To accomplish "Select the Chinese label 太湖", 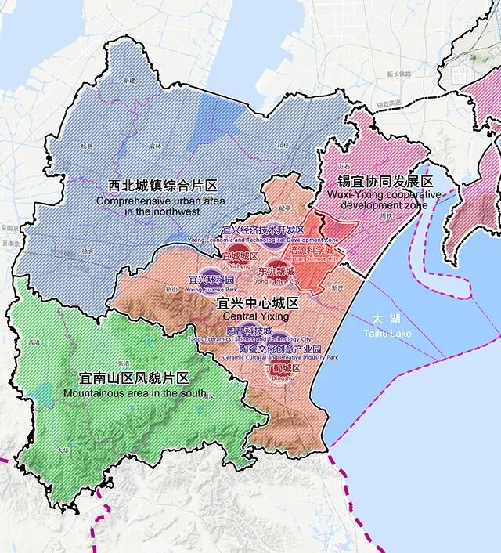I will click(x=380, y=320).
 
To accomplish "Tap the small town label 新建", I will click(x=129, y=81).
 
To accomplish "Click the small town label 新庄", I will click(x=337, y=287).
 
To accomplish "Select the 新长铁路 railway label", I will click(x=400, y=75).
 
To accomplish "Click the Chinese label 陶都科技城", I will click(x=249, y=331).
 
